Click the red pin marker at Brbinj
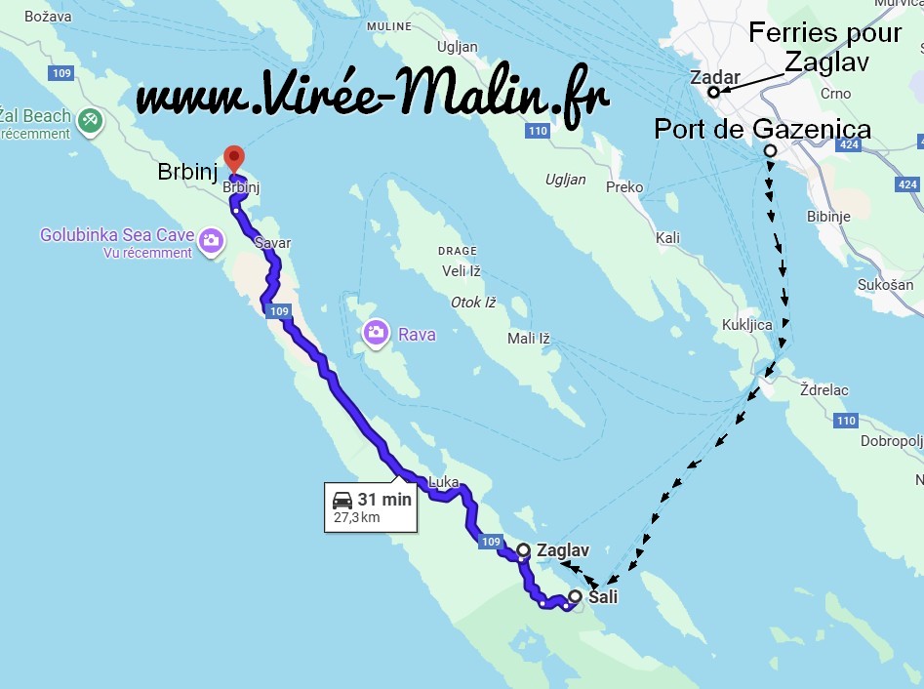(233, 157)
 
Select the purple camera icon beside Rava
(376, 333)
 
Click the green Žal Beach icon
(90, 120)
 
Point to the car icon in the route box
(342, 500)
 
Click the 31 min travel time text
(384, 500)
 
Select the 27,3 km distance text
(357, 517)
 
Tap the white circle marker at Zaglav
(523, 550)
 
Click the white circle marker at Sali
(575, 596)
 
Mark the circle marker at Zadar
(713, 93)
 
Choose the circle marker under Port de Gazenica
(770, 150)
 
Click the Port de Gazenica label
(762, 129)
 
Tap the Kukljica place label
(746, 325)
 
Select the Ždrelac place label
(824, 390)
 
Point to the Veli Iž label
(462, 271)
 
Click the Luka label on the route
(443, 481)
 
